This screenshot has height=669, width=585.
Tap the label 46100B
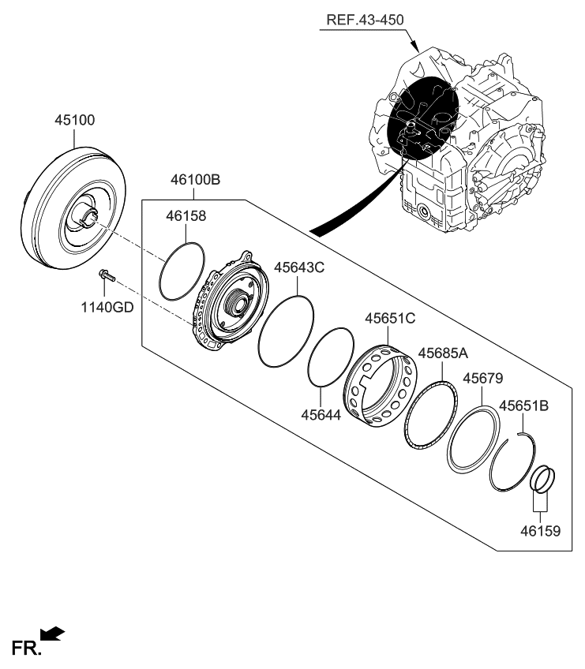point(193,180)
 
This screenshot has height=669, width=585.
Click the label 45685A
point(443,353)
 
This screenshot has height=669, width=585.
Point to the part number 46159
point(539,531)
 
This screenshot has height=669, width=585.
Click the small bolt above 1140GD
point(105,276)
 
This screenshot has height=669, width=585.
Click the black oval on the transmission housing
point(423,119)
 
